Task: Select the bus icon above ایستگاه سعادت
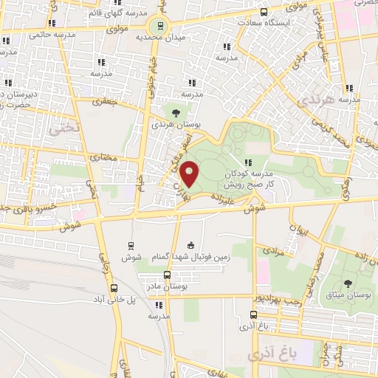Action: click(264, 12)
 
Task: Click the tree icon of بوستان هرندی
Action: click(176, 112)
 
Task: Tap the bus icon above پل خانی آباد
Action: click(114, 289)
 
